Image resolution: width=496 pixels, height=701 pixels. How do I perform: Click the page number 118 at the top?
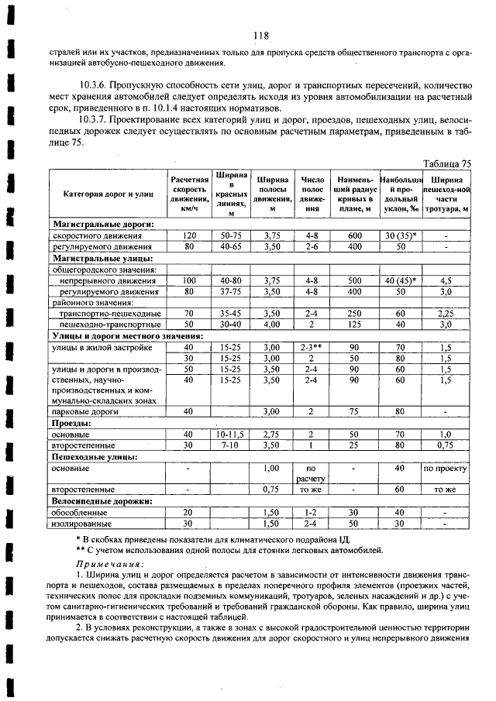tap(260, 35)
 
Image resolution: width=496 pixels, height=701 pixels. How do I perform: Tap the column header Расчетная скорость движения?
tap(190, 194)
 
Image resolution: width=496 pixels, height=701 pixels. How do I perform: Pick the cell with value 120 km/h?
tap(189, 235)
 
